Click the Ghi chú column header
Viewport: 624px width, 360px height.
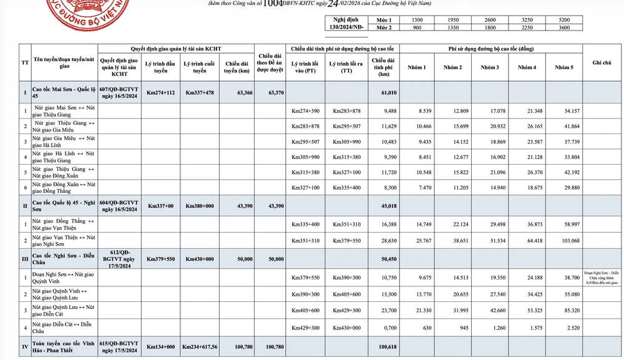pos(602,63)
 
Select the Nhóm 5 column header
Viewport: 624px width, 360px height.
pos(563,67)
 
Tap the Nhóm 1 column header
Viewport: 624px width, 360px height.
pos(417,67)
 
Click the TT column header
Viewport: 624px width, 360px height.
pos(25,63)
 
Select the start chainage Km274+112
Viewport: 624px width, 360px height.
pos(160,92)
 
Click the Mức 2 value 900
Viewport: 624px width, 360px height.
pos(418,27)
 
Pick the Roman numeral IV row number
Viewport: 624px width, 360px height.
pos(25,347)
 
